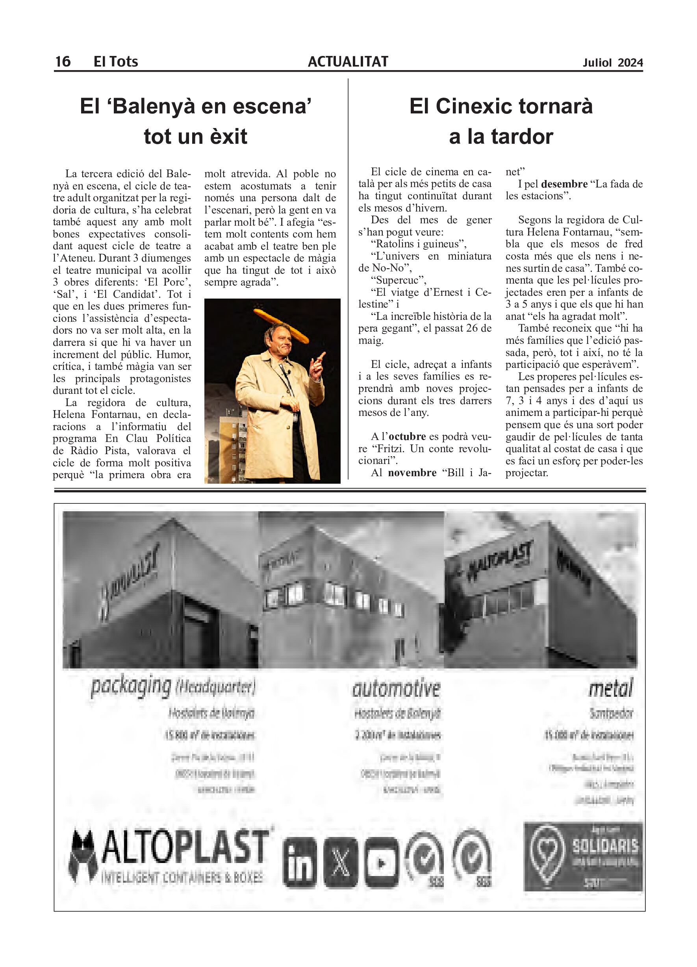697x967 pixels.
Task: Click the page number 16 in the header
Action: (63, 62)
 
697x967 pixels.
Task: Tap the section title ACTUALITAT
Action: (348, 62)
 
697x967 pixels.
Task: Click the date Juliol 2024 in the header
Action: (613, 63)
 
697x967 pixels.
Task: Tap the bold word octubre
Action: (407, 436)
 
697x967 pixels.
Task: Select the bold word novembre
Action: (412, 473)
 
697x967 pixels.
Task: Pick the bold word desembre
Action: (564, 184)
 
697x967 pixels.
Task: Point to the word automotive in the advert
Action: (396, 689)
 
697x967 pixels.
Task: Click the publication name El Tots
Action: (115, 62)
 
